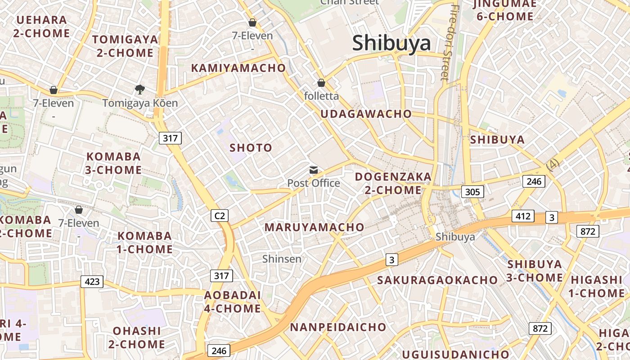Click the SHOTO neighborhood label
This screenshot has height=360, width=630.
pos(251,148)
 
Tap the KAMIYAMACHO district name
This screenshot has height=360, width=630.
pos(238,68)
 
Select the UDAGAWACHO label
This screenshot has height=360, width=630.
pos(366,114)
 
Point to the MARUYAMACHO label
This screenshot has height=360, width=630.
pos(314,227)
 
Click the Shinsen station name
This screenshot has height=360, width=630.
pos(282,259)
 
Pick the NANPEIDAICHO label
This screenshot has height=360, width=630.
pos(338,327)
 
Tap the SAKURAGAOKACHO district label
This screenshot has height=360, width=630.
pos(437,280)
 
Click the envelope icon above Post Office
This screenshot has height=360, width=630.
pos(314,170)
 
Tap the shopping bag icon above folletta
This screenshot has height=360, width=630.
pos(321,83)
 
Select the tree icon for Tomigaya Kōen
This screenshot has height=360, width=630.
pos(140,89)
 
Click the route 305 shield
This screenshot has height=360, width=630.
pos(472,192)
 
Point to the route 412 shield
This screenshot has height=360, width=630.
pos(523,216)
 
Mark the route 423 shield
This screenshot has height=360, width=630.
pos(92,282)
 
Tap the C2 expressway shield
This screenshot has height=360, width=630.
pos(220,216)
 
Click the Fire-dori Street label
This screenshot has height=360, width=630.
pos(450,43)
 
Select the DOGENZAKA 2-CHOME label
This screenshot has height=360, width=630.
pos(393,184)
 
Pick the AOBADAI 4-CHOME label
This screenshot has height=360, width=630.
pos(233,302)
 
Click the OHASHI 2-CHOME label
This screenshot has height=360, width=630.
pos(137,337)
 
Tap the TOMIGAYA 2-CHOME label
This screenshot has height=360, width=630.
pos(125,46)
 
